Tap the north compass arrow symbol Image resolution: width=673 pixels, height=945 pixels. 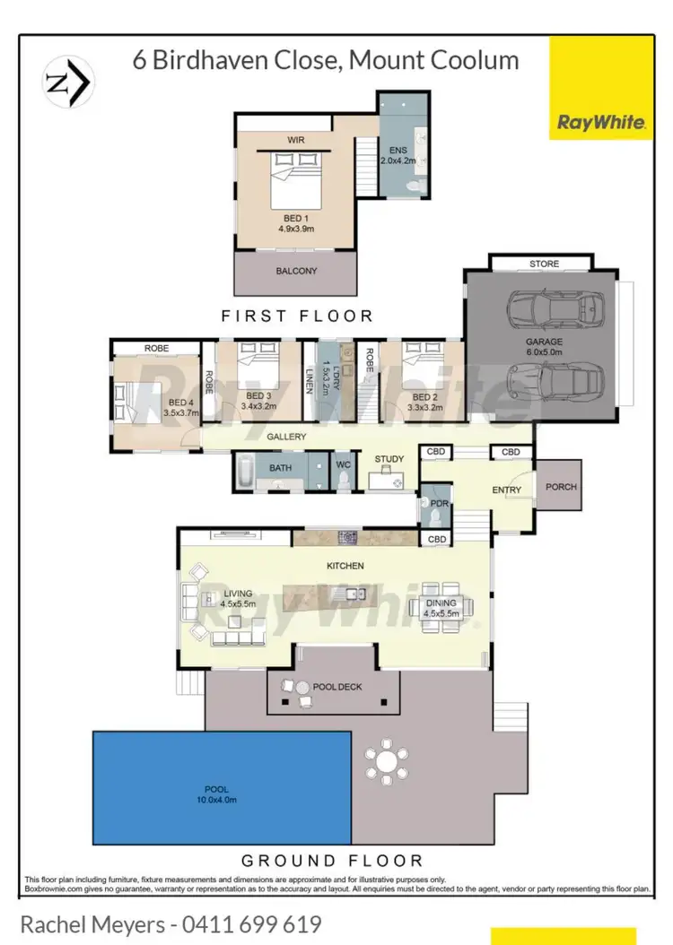pos(68,82)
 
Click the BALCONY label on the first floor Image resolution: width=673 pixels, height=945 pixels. pos(296,271)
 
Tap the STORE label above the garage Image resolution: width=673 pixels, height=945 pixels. pos(544,264)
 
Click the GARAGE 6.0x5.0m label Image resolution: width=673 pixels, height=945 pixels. pos(545,347)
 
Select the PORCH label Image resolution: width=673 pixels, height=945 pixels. pos(560,487)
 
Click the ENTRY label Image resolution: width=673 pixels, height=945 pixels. pos(506,490)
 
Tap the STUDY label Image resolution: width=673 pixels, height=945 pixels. pos(389,459)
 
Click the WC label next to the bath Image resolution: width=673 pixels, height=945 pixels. pos(342,464)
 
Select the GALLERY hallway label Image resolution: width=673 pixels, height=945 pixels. pos(286,437)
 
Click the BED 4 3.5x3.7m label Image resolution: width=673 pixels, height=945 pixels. pos(174,409)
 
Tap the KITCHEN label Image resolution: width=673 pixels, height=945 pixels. pos(345,566)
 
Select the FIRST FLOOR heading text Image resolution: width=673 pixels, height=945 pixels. pos(297,316)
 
